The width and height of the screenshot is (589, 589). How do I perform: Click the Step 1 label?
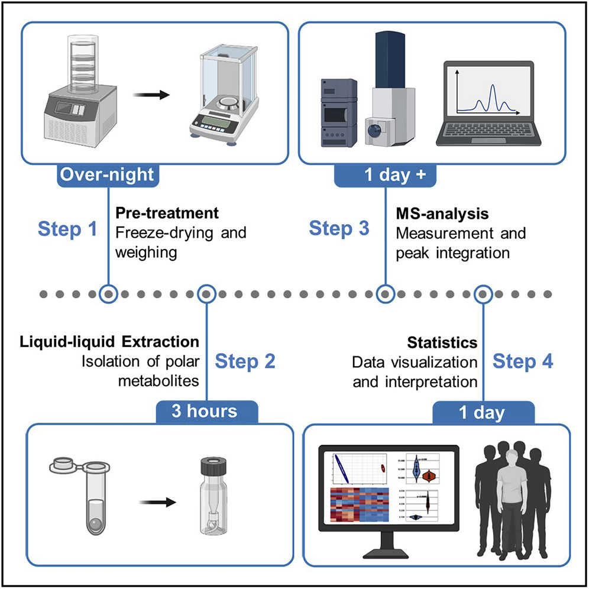pyautogui.click(x=68, y=229)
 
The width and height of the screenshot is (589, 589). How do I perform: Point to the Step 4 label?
pyautogui.click(x=523, y=361)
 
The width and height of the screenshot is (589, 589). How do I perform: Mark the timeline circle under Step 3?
pyautogui.click(x=386, y=293)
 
